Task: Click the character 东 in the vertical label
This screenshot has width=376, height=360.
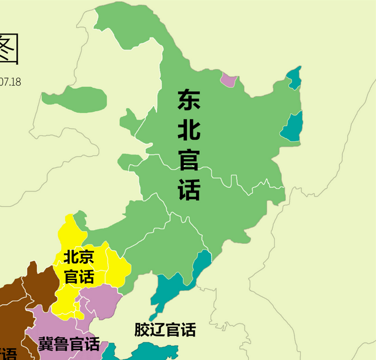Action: (x=189, y=100)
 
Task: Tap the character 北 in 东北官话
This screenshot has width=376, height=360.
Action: (x=189, y=130)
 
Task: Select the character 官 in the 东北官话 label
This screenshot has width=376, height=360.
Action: (x=189, y=159)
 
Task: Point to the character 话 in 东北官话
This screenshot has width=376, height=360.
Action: (x=189, y=189)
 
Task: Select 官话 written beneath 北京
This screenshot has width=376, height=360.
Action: (x=79, y=276)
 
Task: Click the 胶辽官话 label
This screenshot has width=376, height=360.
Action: (x=164, y=330)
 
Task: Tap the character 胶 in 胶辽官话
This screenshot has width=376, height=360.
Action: (x=142, y=330)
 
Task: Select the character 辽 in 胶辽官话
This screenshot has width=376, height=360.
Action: (x=157, y=330)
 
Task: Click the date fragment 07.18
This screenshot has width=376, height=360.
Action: (x=10, y=82)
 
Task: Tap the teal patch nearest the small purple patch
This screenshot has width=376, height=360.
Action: (x=294, y=78)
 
